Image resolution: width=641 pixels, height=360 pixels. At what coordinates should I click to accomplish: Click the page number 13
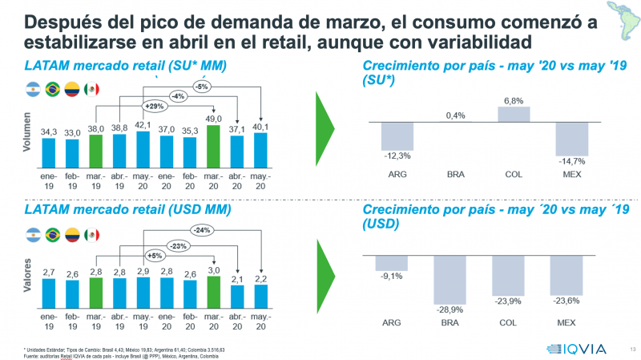click(x=633, y=348)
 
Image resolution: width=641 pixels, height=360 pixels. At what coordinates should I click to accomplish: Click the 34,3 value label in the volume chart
click(x=48, y=131)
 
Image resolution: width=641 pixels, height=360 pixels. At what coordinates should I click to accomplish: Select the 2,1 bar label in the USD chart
click(x=236, y=278)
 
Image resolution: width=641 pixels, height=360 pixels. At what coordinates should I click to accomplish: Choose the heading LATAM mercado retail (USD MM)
click(x=131, y=210)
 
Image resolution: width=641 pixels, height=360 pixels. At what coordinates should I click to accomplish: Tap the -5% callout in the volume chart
click(x=204, y=86)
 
